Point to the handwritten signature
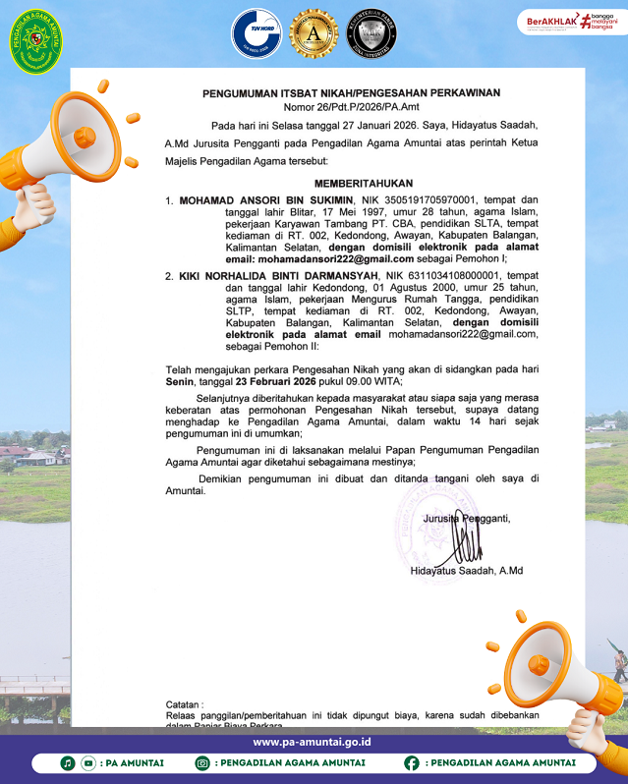466,542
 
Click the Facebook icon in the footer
411,762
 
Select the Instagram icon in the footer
202,762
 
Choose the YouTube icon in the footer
87,762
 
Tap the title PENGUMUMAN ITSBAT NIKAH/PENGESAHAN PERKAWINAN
351,93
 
